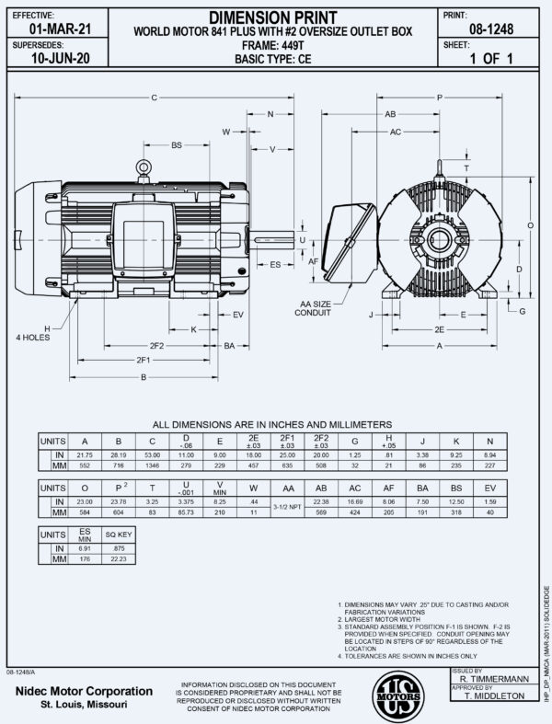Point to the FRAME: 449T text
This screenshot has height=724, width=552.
271,42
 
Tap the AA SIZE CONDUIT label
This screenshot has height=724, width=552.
314,306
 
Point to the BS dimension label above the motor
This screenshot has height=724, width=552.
176,145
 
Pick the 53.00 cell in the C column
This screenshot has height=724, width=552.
153,454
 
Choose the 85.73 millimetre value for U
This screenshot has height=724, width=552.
186,511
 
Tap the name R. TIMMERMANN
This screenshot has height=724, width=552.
494,678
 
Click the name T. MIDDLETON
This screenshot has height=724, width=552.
494,696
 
